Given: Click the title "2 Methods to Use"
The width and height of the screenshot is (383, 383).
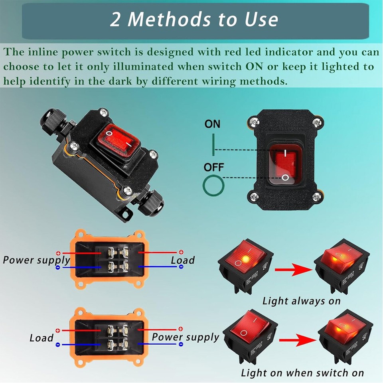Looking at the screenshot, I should click(194, 20).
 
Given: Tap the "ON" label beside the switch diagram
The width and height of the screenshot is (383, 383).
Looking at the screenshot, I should click(212, 124).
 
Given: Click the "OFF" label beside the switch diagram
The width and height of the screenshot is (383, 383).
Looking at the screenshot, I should click(214, 166).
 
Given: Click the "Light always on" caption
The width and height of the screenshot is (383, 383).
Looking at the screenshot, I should click(301, 301).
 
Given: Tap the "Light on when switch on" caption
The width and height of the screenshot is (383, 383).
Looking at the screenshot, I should click(302, 373).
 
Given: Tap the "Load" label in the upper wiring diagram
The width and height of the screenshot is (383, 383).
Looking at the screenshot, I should click(183, 260).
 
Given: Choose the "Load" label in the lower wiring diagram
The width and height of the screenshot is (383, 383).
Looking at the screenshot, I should click(41, 338).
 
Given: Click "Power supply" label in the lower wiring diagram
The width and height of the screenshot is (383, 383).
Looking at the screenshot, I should click(186, 337).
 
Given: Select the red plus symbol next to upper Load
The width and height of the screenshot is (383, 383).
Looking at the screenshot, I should click(181, 252).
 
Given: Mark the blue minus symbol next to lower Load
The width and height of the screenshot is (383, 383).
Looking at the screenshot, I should click(58, 344).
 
